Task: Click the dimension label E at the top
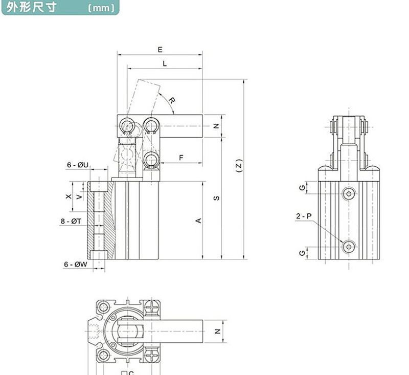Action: pos(160,50)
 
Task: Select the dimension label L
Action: pos(164,63)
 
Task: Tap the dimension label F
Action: pos(181,158)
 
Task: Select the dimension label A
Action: pos(199,220)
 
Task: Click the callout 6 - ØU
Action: pos(78,165)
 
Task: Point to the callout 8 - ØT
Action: pos(71,222)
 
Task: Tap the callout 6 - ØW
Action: pos(75,264)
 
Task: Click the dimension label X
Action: pos(68,196)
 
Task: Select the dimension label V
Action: pos(78,196)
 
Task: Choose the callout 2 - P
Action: pos(303,216)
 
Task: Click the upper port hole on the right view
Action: pos(349,193)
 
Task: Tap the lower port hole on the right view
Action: pos(349,247)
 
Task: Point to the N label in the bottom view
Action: pos(217,331)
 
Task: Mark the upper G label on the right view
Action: pos(303,188)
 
